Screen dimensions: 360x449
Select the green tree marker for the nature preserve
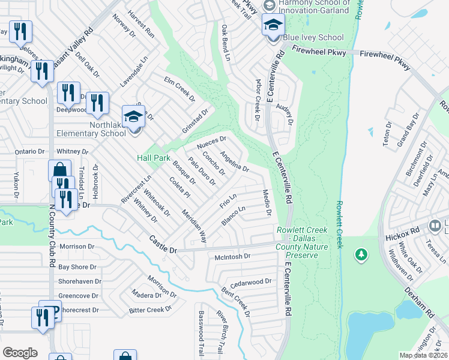pyautogui.click(x=361, y=256)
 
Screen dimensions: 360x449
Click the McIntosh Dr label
pyautogui.click(x=232, y=256)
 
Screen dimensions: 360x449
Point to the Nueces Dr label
pyautogui.click(x=211, y=143)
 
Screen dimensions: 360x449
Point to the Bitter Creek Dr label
pyautogui.click(x=150, y=310)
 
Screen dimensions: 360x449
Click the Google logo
pyautogui.click(x=20, y=353)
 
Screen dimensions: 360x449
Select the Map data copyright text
pyautogui.click(x=423, y=355)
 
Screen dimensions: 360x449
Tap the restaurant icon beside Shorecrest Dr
pyautogui.click(x=42, y=316)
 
